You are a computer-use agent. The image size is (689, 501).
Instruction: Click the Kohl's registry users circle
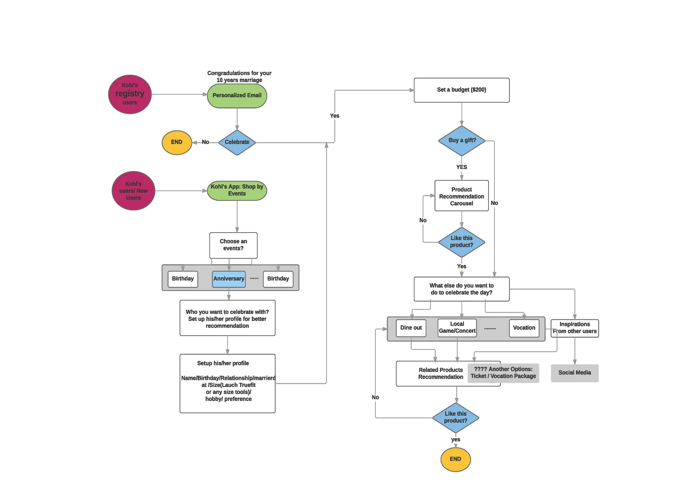click(129, 94)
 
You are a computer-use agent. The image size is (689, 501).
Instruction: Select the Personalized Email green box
click(237, 96)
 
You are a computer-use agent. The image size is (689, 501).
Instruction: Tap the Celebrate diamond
click(237, 142)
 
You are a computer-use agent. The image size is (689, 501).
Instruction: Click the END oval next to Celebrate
click(177, 142)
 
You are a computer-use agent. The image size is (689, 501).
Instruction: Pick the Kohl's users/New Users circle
click(133, 191)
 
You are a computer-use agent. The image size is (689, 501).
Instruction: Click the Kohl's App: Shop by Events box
click(237, 190)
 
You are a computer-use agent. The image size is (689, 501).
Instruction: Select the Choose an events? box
click(233, 245)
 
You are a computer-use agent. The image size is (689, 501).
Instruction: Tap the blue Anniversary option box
click(228, 279)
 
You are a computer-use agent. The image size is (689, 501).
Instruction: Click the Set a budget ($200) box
click(461, 90)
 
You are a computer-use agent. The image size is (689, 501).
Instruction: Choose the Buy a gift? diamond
click(461, 141)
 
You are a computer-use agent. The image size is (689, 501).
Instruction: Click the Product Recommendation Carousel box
click(461, 196)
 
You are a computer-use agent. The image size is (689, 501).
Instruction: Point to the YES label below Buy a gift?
click(461, 167)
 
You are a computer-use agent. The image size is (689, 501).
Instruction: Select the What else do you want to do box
click(461, 289)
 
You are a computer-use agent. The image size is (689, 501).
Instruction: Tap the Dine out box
click(411, 328)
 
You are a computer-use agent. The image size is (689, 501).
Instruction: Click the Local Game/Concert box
click(457, 328)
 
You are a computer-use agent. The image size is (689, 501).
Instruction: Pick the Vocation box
click(524, 328)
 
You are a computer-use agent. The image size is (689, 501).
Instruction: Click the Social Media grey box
click(575, 373)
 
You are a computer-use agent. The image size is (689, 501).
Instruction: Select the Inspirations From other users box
click(575, 328)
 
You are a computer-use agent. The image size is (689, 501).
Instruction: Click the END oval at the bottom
click(455, 459)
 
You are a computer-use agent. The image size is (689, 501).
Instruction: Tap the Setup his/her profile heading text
click(223, 364)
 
